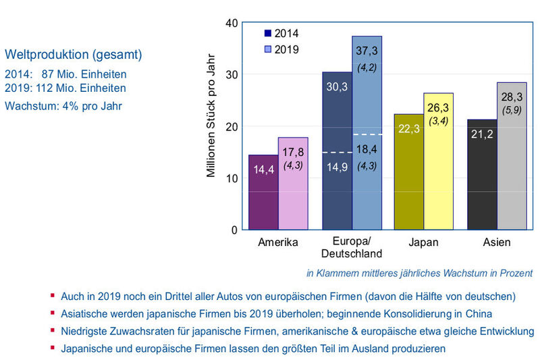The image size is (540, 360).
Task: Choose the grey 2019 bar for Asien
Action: coord(512,169)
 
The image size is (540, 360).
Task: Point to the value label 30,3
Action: coord(337,87)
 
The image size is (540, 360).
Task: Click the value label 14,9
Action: coord(337,168)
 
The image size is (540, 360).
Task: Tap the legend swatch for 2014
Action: coord(268,33)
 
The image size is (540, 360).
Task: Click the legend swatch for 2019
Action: coord(268,49)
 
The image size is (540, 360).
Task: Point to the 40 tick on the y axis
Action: coord(231,22)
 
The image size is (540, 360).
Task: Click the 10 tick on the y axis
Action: coord(231,178)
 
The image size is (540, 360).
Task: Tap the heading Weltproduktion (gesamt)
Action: coord(73,54)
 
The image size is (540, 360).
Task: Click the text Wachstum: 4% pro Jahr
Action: coord(63,105)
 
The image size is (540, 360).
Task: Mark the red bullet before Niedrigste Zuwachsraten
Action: coord(51,330)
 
